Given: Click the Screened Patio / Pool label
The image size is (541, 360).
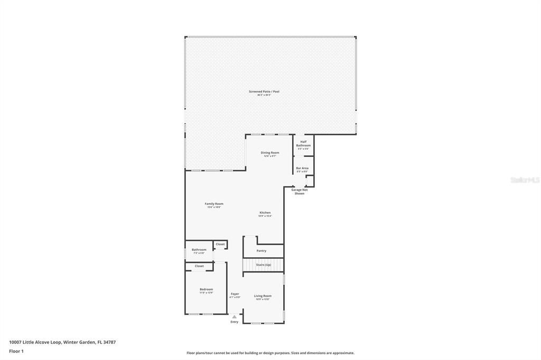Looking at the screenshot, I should (x=264, y=92).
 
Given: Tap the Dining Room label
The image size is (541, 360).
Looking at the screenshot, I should (x=270, y=153).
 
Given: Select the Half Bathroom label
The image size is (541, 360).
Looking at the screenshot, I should (x=303, y=144).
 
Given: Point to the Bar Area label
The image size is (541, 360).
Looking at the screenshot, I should (x=302, y=168).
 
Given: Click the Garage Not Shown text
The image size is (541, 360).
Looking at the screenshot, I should (x=300, y=192).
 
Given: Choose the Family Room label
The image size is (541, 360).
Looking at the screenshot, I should (x=214, y=204).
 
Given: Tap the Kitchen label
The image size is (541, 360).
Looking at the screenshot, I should (x=265, y=213).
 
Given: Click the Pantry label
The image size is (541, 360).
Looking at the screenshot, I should (x=262, y=251).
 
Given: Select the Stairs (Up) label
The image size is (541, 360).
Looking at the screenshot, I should (x=263, y=264).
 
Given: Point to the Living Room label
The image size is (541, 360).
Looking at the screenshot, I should (x=263, y=296).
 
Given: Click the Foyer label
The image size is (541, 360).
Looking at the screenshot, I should (x=235, y=294).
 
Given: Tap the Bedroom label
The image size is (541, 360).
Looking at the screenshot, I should (x=206, y=289).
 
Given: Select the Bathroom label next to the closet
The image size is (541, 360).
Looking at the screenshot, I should (x=199, y=250).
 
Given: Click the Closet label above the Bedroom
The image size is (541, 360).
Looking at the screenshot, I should (x=199, y=266).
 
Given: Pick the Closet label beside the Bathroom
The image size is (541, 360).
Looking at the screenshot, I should (x=220, y=244).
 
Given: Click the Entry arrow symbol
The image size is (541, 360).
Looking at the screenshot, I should (x=235, y=317).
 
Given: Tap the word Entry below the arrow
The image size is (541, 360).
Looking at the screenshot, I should (x=235, y=322).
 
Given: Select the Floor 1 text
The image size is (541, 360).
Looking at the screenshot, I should (x=16, y=351).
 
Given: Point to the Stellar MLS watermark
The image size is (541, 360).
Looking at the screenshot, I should (x=525, y=180).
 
